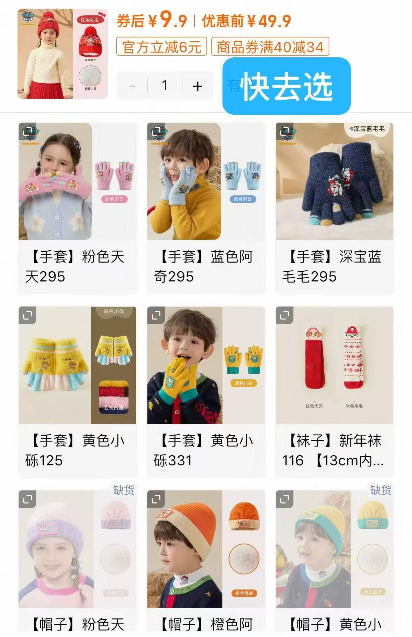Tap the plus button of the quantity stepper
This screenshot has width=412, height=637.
tap(197, 86)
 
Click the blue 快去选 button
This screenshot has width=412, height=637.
tap(286, 86)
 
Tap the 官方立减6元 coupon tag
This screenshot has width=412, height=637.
tap(161, 47)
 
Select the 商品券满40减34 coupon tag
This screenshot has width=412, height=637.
tap(270, 47)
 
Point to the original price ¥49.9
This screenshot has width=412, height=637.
tap(269, 21)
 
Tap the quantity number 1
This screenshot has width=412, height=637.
tap(165, 86)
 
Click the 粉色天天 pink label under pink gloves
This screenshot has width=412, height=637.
tap(114, 199)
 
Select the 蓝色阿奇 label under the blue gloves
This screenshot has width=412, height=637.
tap(243, 199)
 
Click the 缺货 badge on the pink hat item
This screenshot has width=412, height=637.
tap(123, 490)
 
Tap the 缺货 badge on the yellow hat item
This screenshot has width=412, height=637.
tap(380, 490)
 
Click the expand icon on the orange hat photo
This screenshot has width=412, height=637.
tap(156, 499)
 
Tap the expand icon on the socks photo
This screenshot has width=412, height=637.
tap(284, 316)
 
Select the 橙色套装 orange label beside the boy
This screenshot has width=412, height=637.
tap(244, 593)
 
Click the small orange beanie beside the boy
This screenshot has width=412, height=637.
tap(243, 517)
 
